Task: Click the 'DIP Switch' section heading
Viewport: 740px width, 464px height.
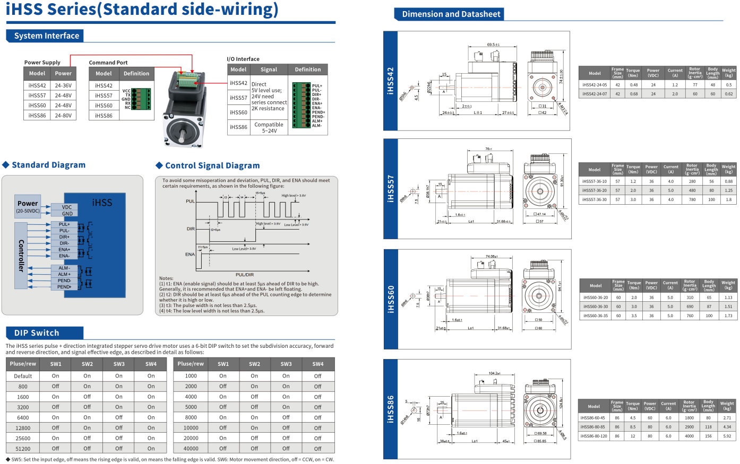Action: [37, 333]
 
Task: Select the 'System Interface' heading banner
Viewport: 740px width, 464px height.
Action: [47, 36]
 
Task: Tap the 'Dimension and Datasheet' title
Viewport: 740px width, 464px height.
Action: [451, 14]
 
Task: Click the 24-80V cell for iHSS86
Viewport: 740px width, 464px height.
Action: [63, 116]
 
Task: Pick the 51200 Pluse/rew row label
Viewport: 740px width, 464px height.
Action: [23, 449]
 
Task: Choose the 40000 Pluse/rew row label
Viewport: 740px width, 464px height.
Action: [191, 449]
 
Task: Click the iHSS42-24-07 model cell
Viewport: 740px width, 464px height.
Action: [595, 94]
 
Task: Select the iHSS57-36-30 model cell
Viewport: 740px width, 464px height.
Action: [595, 200]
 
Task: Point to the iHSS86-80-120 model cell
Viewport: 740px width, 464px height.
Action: [592, 436]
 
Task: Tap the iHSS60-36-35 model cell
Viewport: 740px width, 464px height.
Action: [596, 316]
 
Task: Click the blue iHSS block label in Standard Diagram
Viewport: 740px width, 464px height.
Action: [102, 203]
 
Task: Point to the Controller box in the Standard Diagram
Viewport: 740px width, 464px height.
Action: [21, 256]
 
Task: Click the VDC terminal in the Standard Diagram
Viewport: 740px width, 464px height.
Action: [67, 207]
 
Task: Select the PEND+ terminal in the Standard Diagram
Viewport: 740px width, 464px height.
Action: [65, 287]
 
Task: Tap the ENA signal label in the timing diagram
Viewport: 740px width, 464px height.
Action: [190, 255]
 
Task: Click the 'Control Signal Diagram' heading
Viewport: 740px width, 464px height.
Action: [212, 165]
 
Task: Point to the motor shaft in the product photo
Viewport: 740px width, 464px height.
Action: [182, 135]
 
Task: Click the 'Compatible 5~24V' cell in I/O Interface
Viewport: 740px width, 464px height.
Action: [269, 128]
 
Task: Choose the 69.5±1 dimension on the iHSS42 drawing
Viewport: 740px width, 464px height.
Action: [493, 45]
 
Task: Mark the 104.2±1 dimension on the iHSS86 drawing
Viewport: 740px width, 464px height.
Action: [494, 373]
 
